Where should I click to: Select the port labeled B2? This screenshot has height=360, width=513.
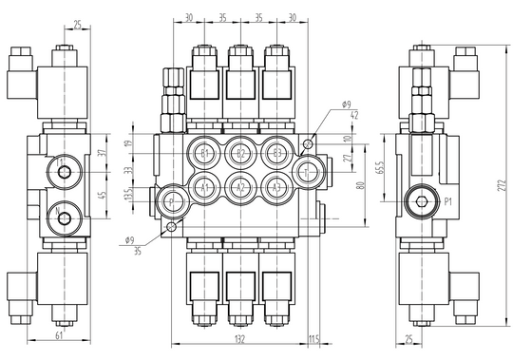(x=240, y=153)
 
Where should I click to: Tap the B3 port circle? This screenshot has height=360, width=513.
(x=275, y=153)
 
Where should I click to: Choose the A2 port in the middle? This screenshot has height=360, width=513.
(x=240, y=186)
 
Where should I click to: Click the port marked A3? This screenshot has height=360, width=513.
(x=275, y=186)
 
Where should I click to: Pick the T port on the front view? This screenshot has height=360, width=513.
(x=307, y=171)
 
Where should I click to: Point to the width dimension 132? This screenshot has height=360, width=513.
(x=240, y=336)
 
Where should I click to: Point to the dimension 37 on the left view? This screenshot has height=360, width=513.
(x=104, y=155)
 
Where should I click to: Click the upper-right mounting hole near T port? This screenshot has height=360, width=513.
(x=307, y=143)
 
